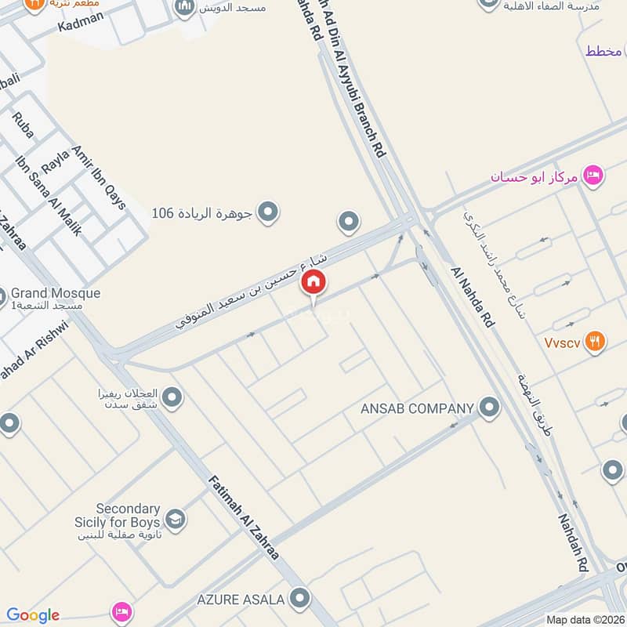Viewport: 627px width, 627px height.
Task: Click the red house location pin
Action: (x=313, y=282)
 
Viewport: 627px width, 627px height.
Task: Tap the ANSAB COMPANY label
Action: (x=417, y=408)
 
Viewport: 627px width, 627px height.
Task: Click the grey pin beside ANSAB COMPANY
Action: (x=489, y=407)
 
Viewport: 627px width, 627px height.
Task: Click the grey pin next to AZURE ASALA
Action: (x=299, y=599)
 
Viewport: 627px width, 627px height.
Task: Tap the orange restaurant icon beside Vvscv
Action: (x=596, y=341)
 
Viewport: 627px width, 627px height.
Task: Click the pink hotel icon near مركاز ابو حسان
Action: (x=594, y=175)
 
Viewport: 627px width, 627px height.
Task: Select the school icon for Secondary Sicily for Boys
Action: (x=175, y=519)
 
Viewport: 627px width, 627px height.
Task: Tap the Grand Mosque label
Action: (x=56, y=293)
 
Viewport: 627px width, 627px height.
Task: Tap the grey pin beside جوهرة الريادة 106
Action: (x=268, y=212)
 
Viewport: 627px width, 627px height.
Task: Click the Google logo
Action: (x=32, y=615)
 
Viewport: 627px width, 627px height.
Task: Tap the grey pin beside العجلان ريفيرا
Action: (x=172, y=398)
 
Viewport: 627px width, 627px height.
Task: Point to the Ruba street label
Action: (x=23, y=125)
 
